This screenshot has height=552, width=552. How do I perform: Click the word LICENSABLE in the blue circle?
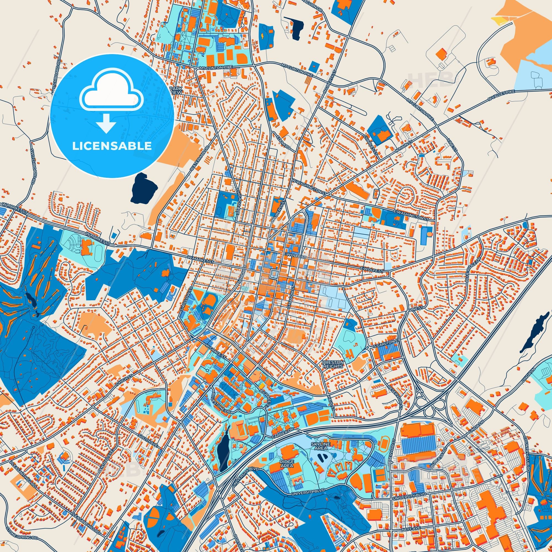point(112,146)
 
